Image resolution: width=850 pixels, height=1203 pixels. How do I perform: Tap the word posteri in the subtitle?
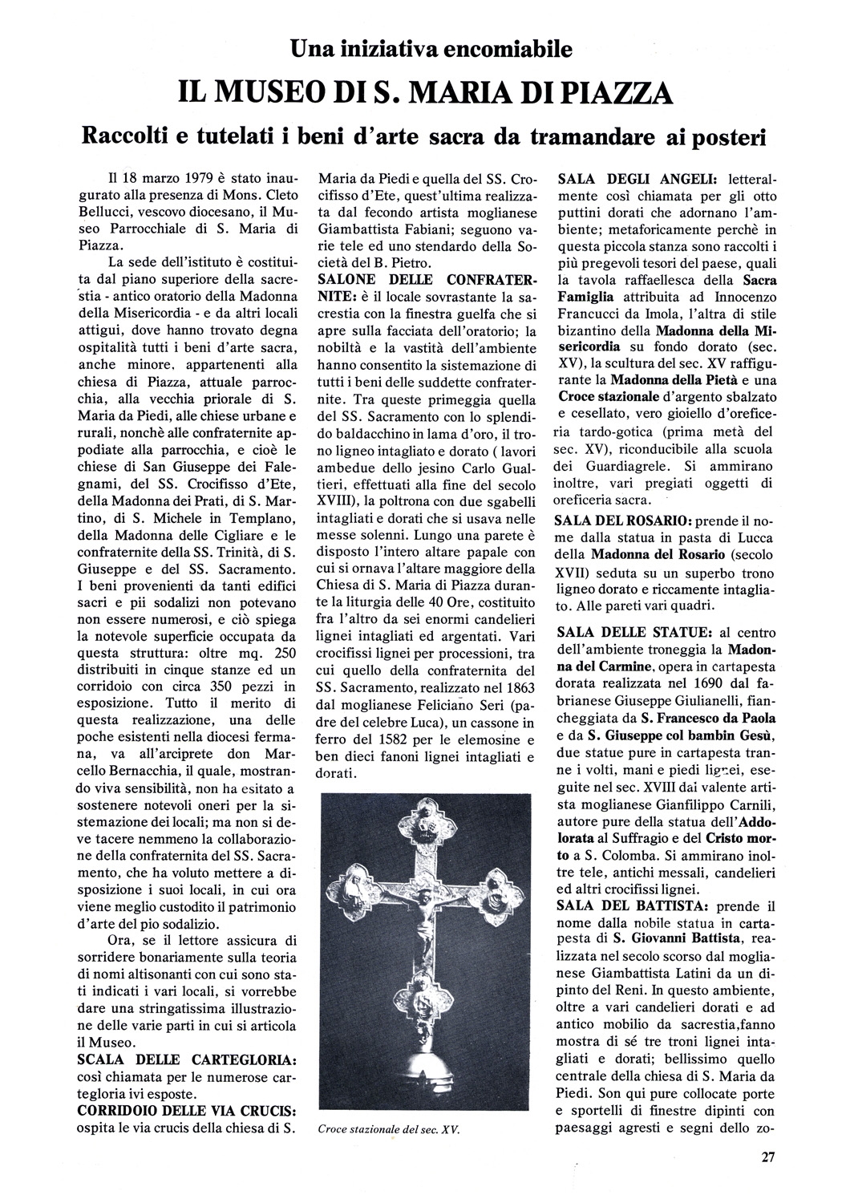710,136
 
